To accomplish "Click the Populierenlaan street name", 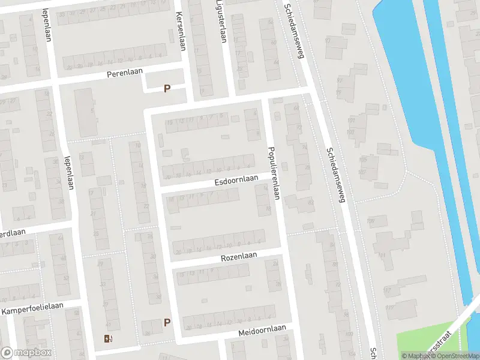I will coord(275,173).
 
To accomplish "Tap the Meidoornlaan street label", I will coord(262,330).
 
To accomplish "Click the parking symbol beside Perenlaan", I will coord(167,89).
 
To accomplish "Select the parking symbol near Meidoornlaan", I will coord(167,322).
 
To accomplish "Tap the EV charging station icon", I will coord(107,339).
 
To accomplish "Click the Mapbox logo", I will coord(25,353).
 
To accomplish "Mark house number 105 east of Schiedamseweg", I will coord(362,160).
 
